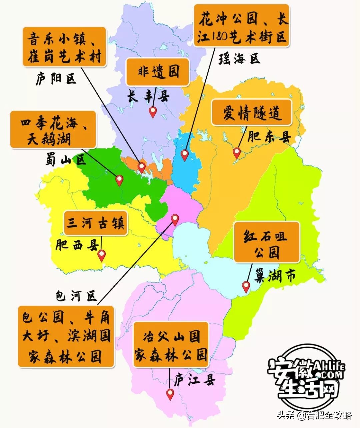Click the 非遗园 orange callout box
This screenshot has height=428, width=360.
click(x=157, y=72)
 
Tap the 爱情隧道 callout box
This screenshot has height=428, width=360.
click(x=252, y=112)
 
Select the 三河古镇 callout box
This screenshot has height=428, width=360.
click(x=95, y=223)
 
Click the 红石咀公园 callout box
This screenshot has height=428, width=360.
click(x=267, y=242)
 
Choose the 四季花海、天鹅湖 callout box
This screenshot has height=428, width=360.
click(x=53, y=129)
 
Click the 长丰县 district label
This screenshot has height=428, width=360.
click(x=148, y=97)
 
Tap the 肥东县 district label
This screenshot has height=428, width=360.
click(x=269, y=137)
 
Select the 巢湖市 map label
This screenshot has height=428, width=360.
click(x=275, y=276)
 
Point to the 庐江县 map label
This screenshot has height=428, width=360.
click(x=195, y=380)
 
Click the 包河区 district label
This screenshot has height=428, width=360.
click(x=76, y=296)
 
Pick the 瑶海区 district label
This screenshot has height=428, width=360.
click(x=239, y=59)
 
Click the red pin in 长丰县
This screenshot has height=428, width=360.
click(x=153, y=112)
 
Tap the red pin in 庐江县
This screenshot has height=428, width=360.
click(x=170, y=394)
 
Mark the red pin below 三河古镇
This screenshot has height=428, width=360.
click(x=101, y=255)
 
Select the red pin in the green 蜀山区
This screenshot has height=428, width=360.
click(x=119, y=180)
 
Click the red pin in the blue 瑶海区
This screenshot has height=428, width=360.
click(x=185, y=155)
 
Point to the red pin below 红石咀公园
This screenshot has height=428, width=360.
click(x=246, y=286)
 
